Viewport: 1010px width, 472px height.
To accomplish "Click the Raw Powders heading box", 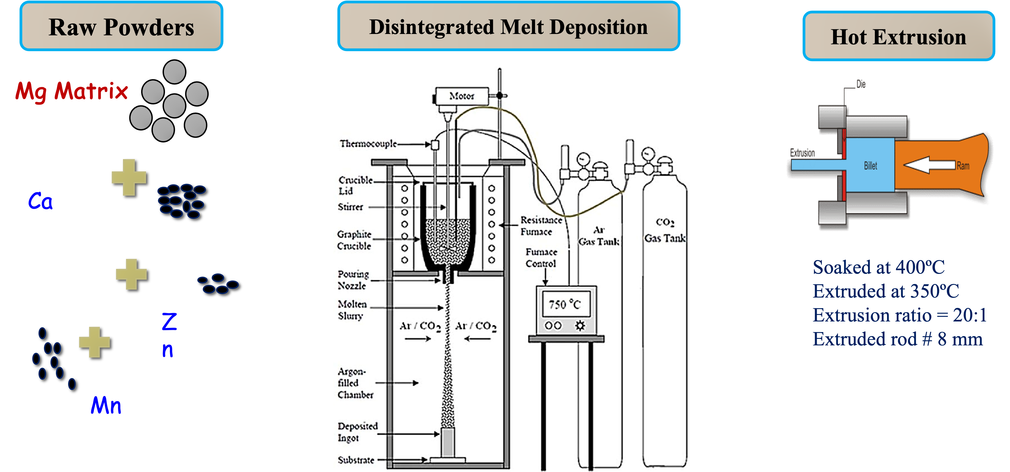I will click(121, 27).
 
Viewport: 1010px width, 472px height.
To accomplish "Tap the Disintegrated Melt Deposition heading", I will click(509, 27).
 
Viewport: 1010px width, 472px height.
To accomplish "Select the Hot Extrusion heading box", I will click(898, 36).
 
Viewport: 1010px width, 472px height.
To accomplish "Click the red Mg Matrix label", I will click(72, 91).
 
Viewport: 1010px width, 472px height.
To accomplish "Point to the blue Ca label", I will click(40, 201).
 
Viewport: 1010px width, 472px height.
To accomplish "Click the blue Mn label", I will click(106, 405).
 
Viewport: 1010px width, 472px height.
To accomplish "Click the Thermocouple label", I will click(368, 143).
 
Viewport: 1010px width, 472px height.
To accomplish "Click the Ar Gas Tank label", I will click(599, 236).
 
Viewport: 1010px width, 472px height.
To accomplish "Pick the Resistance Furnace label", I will click(541, 226).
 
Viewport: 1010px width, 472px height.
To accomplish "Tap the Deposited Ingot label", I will click(357, 432).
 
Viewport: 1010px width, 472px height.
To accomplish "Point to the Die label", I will click(861, 84).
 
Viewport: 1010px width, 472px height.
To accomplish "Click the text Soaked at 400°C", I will click(879, 267).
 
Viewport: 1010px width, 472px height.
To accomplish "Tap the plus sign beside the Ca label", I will click(129, 177).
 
